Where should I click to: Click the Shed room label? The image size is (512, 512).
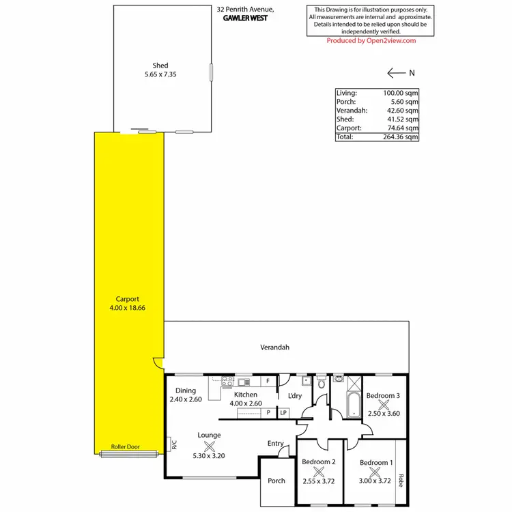click(x=161, y=66)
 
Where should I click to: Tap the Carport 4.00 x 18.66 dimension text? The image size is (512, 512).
click(x=128, y=308)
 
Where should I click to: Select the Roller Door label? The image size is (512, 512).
click(x=125, y=447)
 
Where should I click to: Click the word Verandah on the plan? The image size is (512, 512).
click(x=274, y=347)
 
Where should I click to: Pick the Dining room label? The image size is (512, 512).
click(x=186, y=391)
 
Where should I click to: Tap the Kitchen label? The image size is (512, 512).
click(x=246, y=395)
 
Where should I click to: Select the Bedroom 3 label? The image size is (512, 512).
click(x=383, y=395)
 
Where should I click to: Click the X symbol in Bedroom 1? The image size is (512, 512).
click(x=376, y=472)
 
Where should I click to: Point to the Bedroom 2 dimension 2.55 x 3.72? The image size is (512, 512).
click(x=318, y=481)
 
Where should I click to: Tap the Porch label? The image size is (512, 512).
click(x=276, y=481)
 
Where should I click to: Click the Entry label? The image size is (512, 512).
click(x=275, y=444)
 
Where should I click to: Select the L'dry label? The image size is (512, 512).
click(x=295, y=396)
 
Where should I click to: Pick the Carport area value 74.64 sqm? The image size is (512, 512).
click(x=402, y=128)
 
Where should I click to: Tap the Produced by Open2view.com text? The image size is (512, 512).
click(x=371, y=41)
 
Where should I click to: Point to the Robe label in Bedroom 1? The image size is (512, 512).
click(x=401, y=481)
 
